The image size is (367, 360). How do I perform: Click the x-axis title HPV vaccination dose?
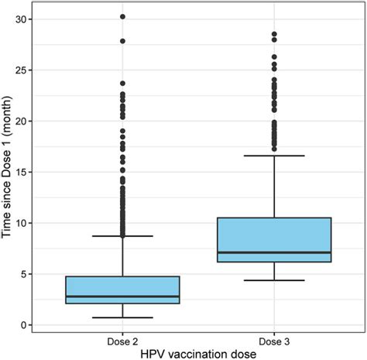coord(198,353)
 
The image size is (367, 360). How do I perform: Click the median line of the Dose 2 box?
coord(122,297)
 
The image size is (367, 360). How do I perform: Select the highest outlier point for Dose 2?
coord(122,16)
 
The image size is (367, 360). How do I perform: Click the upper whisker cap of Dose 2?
coord(122,235)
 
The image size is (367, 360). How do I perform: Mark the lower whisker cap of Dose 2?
coord(122,317)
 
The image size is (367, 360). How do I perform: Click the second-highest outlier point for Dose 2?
coord(122,41)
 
